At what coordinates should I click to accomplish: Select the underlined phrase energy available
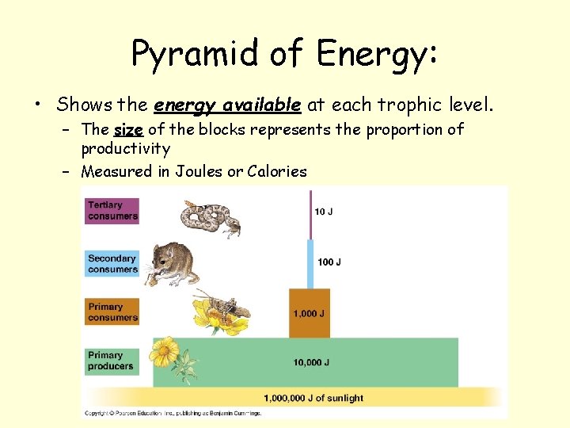click(227, 104)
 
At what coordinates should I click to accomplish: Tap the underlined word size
click(128, 129)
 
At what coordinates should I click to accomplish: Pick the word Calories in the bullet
click(277, 170)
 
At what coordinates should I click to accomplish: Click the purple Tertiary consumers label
click(112, 211)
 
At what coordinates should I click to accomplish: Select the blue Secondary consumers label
click(112, 264)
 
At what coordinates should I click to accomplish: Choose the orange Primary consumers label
click(112, 312)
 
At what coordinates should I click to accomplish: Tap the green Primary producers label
click(112, 361)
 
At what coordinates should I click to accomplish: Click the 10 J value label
click(325, 212)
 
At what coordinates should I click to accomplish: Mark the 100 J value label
click(329, 262)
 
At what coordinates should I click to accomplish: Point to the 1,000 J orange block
click(309, 314)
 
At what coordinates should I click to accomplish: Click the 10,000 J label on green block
click(311, 362)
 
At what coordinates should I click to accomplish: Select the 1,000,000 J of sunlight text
click(313, 398)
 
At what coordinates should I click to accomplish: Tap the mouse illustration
click(174, 263)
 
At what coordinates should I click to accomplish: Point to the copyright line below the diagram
click(173, 413)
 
